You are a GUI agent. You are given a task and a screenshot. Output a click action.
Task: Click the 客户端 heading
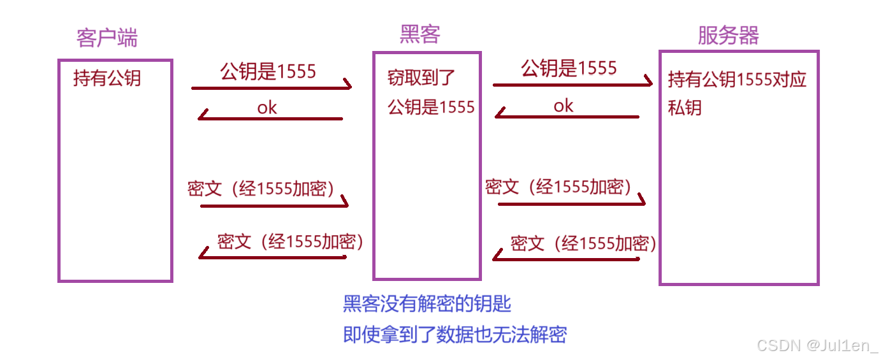(x=106, y=38)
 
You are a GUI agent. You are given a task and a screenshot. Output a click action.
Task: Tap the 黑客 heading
(x=420, y=34)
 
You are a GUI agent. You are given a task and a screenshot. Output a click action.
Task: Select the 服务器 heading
(x=728, y=36)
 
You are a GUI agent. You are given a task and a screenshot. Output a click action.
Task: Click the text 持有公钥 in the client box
(x=107, y=79)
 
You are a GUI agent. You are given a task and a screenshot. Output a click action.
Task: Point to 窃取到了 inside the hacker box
(x=421, y=78)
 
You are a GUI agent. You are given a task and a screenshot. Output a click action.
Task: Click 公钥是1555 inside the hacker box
(x=432, y=107)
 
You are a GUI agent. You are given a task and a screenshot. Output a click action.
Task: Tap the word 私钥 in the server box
(x=685, y=108)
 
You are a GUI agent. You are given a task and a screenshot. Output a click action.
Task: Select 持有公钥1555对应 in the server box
(x=737, y=80)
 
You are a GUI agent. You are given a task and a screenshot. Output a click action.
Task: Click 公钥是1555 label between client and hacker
(x=268, y=71)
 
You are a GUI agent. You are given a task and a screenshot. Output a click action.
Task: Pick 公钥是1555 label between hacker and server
(x=569, y=68)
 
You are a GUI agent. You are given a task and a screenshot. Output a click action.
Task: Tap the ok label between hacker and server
(x=564, y=106)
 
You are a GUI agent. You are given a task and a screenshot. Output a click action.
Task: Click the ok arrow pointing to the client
(x=271, y=118)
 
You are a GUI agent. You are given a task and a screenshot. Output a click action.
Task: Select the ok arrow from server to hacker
(x=567, y=117)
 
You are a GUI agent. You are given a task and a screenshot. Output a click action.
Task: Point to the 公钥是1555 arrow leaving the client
(x=272, y=87)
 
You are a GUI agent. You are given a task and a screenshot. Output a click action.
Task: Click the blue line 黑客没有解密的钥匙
(x=427, y=304)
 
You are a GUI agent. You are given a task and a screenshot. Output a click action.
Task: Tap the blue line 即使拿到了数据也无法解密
(x=455, y=335)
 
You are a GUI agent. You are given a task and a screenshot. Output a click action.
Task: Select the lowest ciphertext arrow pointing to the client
(x=272, y=257)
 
